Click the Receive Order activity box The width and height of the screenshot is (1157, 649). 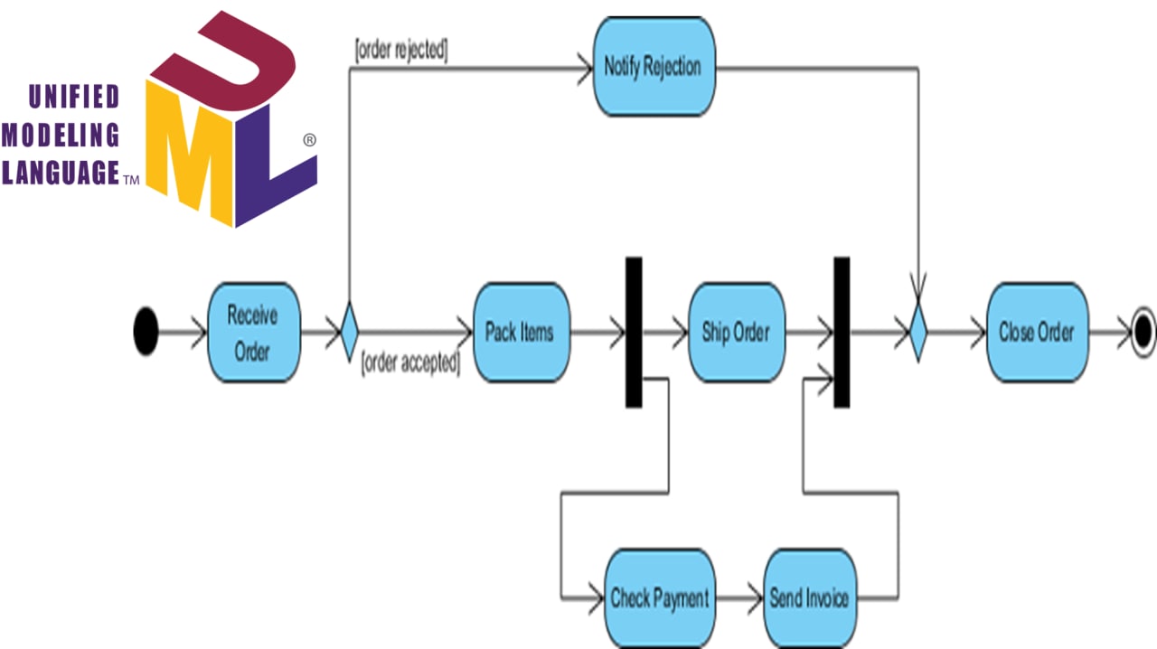click(252, 332)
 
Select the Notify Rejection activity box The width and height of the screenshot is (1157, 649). click(653, 66)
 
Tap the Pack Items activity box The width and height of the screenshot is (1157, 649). click(521, 332)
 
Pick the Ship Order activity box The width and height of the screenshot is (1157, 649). click(736, 332)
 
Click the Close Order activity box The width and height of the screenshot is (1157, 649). click(1036, 332)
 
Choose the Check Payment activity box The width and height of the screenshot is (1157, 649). click(660, 597)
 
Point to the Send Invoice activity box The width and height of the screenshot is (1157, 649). click(809, 597)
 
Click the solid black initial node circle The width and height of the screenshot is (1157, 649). click(146, 332)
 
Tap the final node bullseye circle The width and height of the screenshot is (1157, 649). click(1143, 332)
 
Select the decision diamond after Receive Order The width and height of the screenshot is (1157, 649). click(349, 332)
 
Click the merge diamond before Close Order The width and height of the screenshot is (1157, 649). click(918, 332)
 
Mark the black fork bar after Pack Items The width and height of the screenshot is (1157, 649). click(634, 332)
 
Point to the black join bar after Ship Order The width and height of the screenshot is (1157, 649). click(842, 332)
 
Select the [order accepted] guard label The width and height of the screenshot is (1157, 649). click(410, 364)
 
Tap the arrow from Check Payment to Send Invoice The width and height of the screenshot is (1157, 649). click(738, 597)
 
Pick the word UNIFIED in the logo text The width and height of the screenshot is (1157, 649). click(73, 96)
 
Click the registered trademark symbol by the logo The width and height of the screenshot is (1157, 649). click(309, 140)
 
